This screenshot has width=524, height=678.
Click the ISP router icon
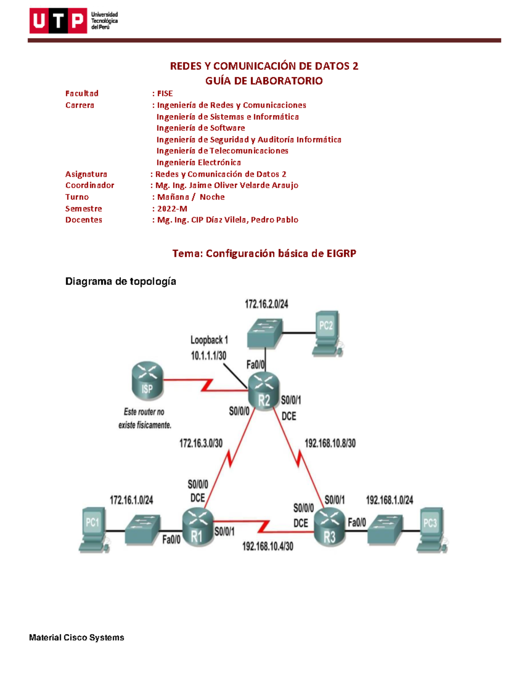(147, 381)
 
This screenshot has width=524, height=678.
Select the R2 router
(263, 391)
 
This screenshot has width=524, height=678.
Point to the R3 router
(330, 528)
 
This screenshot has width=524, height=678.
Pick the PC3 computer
(431, 529)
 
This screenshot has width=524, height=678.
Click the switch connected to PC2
(265, 333)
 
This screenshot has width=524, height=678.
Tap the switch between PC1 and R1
(142, 530)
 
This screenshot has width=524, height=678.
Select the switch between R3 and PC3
(385, 530)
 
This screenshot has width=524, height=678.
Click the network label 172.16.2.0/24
(266, 304)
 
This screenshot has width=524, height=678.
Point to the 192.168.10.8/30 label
(330, 444)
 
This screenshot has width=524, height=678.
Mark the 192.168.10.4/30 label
(268, 546)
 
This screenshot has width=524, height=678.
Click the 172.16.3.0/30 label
(201, 444)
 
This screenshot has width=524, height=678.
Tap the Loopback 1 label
(209, 340)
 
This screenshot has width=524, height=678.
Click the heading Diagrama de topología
(121, 282)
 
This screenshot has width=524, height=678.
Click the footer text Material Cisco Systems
(76, 637)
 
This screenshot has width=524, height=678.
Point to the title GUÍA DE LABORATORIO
(264, 81)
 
